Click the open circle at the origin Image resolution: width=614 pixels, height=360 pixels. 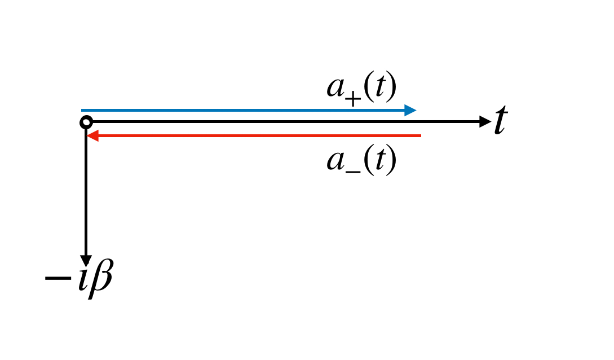click(86, 122)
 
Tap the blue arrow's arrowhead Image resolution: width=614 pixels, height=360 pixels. click(411, 110)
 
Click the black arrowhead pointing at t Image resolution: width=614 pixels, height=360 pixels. click(485, 121)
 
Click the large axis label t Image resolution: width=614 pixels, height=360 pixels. click(500, 122)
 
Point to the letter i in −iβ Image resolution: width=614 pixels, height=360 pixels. click(82, 277)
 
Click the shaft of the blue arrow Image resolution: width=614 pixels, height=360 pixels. click(242, 110)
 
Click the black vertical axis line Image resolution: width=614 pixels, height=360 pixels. click(86, 192)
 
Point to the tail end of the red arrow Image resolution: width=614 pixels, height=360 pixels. click(419, 135)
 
